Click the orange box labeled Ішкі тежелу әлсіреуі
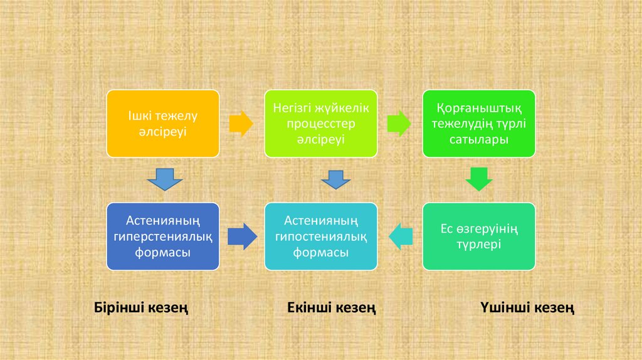tap(163, 124)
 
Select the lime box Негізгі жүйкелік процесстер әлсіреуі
tap(321, 124)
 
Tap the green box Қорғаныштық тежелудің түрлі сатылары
tap(478, 124)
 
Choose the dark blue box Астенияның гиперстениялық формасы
tap(163, 236)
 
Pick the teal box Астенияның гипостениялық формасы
tap(321, 236)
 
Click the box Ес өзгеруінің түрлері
tap(478, 236)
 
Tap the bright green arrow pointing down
tap(478, 179)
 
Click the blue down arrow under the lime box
tap(335, 180)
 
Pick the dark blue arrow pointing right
tap(241, 236)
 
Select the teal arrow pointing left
tap(401, 236)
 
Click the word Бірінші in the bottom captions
tap(119, 308)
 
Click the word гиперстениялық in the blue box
tap(163, 236)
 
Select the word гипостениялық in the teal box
tap(321, 236)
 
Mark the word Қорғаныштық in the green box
tap(478, 108)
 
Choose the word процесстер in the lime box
tap(321, 124)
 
